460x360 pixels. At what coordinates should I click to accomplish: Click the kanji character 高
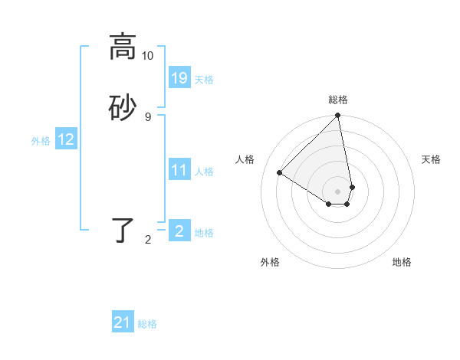click(123, 47)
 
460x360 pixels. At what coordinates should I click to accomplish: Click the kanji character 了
click(123, 231)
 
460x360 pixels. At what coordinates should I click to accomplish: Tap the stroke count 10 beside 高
click(148, 56)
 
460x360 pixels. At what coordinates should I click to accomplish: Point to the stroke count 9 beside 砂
click(148, 116)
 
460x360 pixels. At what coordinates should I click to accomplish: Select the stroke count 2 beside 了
click(148, 240)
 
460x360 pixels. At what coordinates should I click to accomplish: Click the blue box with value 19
click(179, 78)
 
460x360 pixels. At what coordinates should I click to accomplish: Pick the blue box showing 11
click(179, 170)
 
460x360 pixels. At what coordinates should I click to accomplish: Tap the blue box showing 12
click(66, 139)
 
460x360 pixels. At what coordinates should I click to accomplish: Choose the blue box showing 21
click(123, 322)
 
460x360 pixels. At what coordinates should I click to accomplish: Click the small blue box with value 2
click(179, 231)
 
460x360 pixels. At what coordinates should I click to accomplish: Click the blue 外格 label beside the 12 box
click(41, 141)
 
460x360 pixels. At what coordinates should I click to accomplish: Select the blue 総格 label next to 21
click(147, 324)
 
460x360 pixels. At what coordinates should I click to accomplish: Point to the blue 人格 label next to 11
click(205, 172)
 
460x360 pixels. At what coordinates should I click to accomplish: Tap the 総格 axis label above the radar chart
click(338, 100)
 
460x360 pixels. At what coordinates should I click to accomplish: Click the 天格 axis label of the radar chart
click(431, 159)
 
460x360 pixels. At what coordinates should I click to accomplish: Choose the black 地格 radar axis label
click(402, 262)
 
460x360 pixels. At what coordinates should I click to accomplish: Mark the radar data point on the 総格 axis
click(338, 116)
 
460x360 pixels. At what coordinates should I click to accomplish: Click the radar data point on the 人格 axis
click(280, 173)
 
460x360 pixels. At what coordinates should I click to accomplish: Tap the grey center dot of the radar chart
click(338, 191)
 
